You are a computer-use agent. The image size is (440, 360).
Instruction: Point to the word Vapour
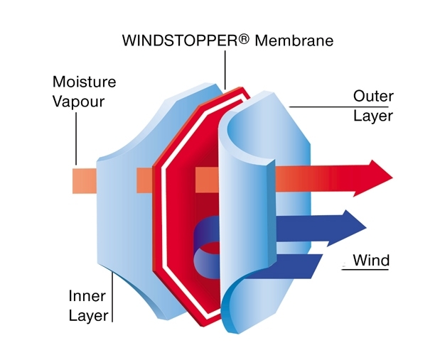77,101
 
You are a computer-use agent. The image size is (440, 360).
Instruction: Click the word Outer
373,95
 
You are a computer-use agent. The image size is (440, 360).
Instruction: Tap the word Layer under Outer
373,115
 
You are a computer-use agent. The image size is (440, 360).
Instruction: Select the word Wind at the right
371,261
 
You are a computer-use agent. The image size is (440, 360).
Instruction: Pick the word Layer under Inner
87,315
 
